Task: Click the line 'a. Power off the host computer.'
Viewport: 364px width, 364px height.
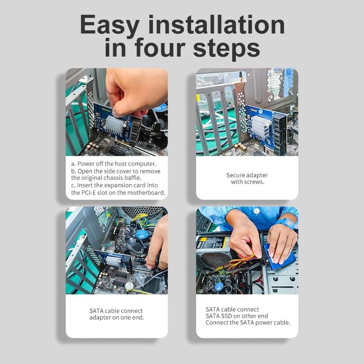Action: click(x=114, y=163)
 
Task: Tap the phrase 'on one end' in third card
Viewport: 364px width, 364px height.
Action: click(x=130, y=317)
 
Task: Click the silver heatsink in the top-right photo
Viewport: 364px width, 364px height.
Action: click(x=261, y=126)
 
